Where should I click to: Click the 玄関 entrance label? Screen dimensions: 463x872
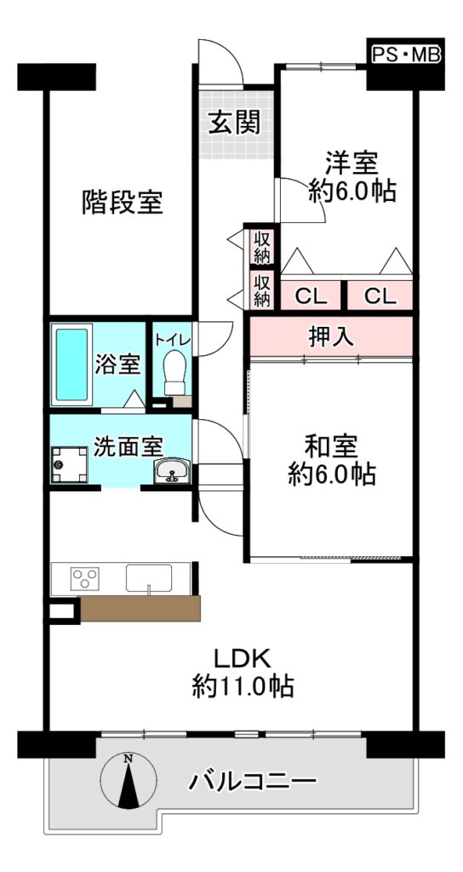point(234,123)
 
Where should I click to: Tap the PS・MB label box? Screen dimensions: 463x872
point(406,54)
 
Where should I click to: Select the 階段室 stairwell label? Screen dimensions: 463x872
point(123,202)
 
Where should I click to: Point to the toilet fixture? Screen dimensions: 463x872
point(175,372)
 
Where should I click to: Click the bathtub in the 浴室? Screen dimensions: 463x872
point(71,364)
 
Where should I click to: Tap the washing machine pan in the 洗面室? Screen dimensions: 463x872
point(70,465)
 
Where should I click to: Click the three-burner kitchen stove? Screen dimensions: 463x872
point(84,577)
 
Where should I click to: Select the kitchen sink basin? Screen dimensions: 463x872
point(148,578)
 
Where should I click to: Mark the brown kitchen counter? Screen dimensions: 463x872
point(140,608)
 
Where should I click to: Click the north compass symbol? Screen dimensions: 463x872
point(129,780)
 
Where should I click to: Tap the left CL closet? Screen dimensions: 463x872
point(311,295)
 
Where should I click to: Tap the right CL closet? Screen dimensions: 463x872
point(380,295)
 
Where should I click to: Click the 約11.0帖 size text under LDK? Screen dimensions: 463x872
point(243,686)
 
